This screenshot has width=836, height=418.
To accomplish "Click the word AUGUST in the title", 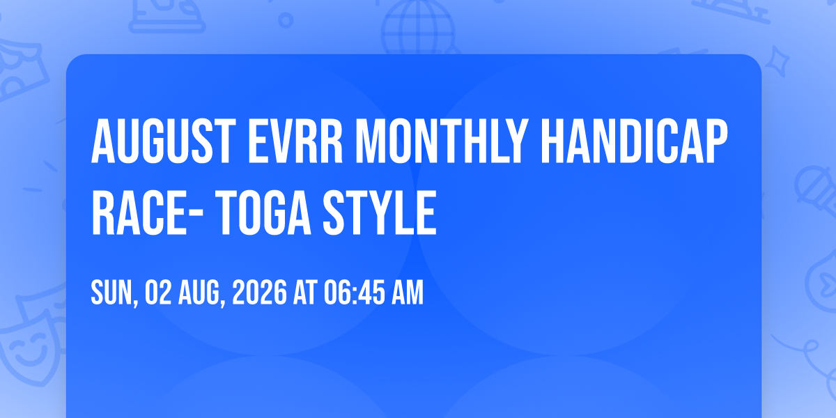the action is [164, 141].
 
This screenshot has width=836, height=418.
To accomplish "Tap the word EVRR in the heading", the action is [295, 141].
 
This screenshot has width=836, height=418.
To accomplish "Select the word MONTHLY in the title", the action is [442, 141].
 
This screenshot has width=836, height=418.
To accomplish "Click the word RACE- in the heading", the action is [147, 212].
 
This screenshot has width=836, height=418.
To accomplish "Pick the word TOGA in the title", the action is [263, 212].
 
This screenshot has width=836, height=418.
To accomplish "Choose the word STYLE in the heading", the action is [380, 212].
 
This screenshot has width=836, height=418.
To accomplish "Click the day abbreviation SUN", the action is [112, 293].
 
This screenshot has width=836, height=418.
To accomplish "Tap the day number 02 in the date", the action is [158, 293].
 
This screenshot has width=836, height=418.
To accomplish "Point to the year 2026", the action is [260, 293].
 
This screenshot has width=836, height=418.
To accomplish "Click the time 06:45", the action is [354, 293].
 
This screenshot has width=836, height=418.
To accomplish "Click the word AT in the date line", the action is [305, 293].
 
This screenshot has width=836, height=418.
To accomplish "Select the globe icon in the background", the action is [419, 27].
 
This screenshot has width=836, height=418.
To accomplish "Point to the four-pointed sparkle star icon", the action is [777, 61].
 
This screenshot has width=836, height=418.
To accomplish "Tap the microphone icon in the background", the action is [816, 190].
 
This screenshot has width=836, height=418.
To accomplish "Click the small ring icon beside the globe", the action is [286, 20].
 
